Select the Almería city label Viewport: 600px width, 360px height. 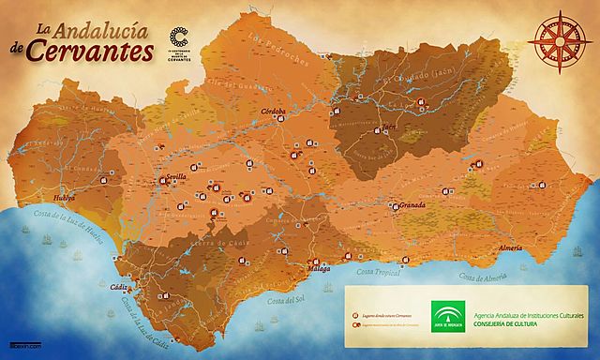coord(511,247)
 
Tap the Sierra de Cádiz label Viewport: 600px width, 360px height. coord(211,246)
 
